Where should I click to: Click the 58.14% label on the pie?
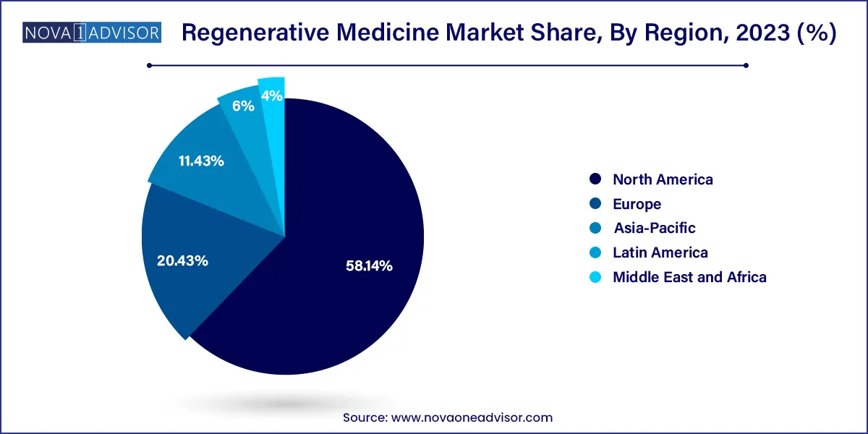click(369, 266)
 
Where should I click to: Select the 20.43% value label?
click(182, 260)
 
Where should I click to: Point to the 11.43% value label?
click(201, 161)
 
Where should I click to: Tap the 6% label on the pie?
click(243, 106)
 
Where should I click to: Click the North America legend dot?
click(595, 179)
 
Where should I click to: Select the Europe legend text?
click(637, 204)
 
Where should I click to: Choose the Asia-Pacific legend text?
click(654, 228)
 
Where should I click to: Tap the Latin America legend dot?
click(595, 252)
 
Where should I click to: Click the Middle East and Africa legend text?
click(689, 276)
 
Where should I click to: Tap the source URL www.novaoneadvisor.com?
click(472, 417)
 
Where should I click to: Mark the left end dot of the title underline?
click(149, 65)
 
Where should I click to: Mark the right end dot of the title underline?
click(746, 65)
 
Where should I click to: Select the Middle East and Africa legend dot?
click(595, 277)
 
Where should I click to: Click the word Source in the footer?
click(365, 417)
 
